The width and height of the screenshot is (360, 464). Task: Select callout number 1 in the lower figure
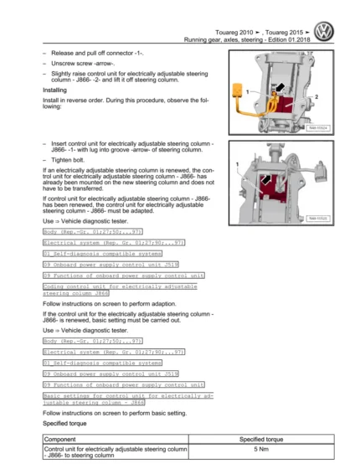click(239, 162)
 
